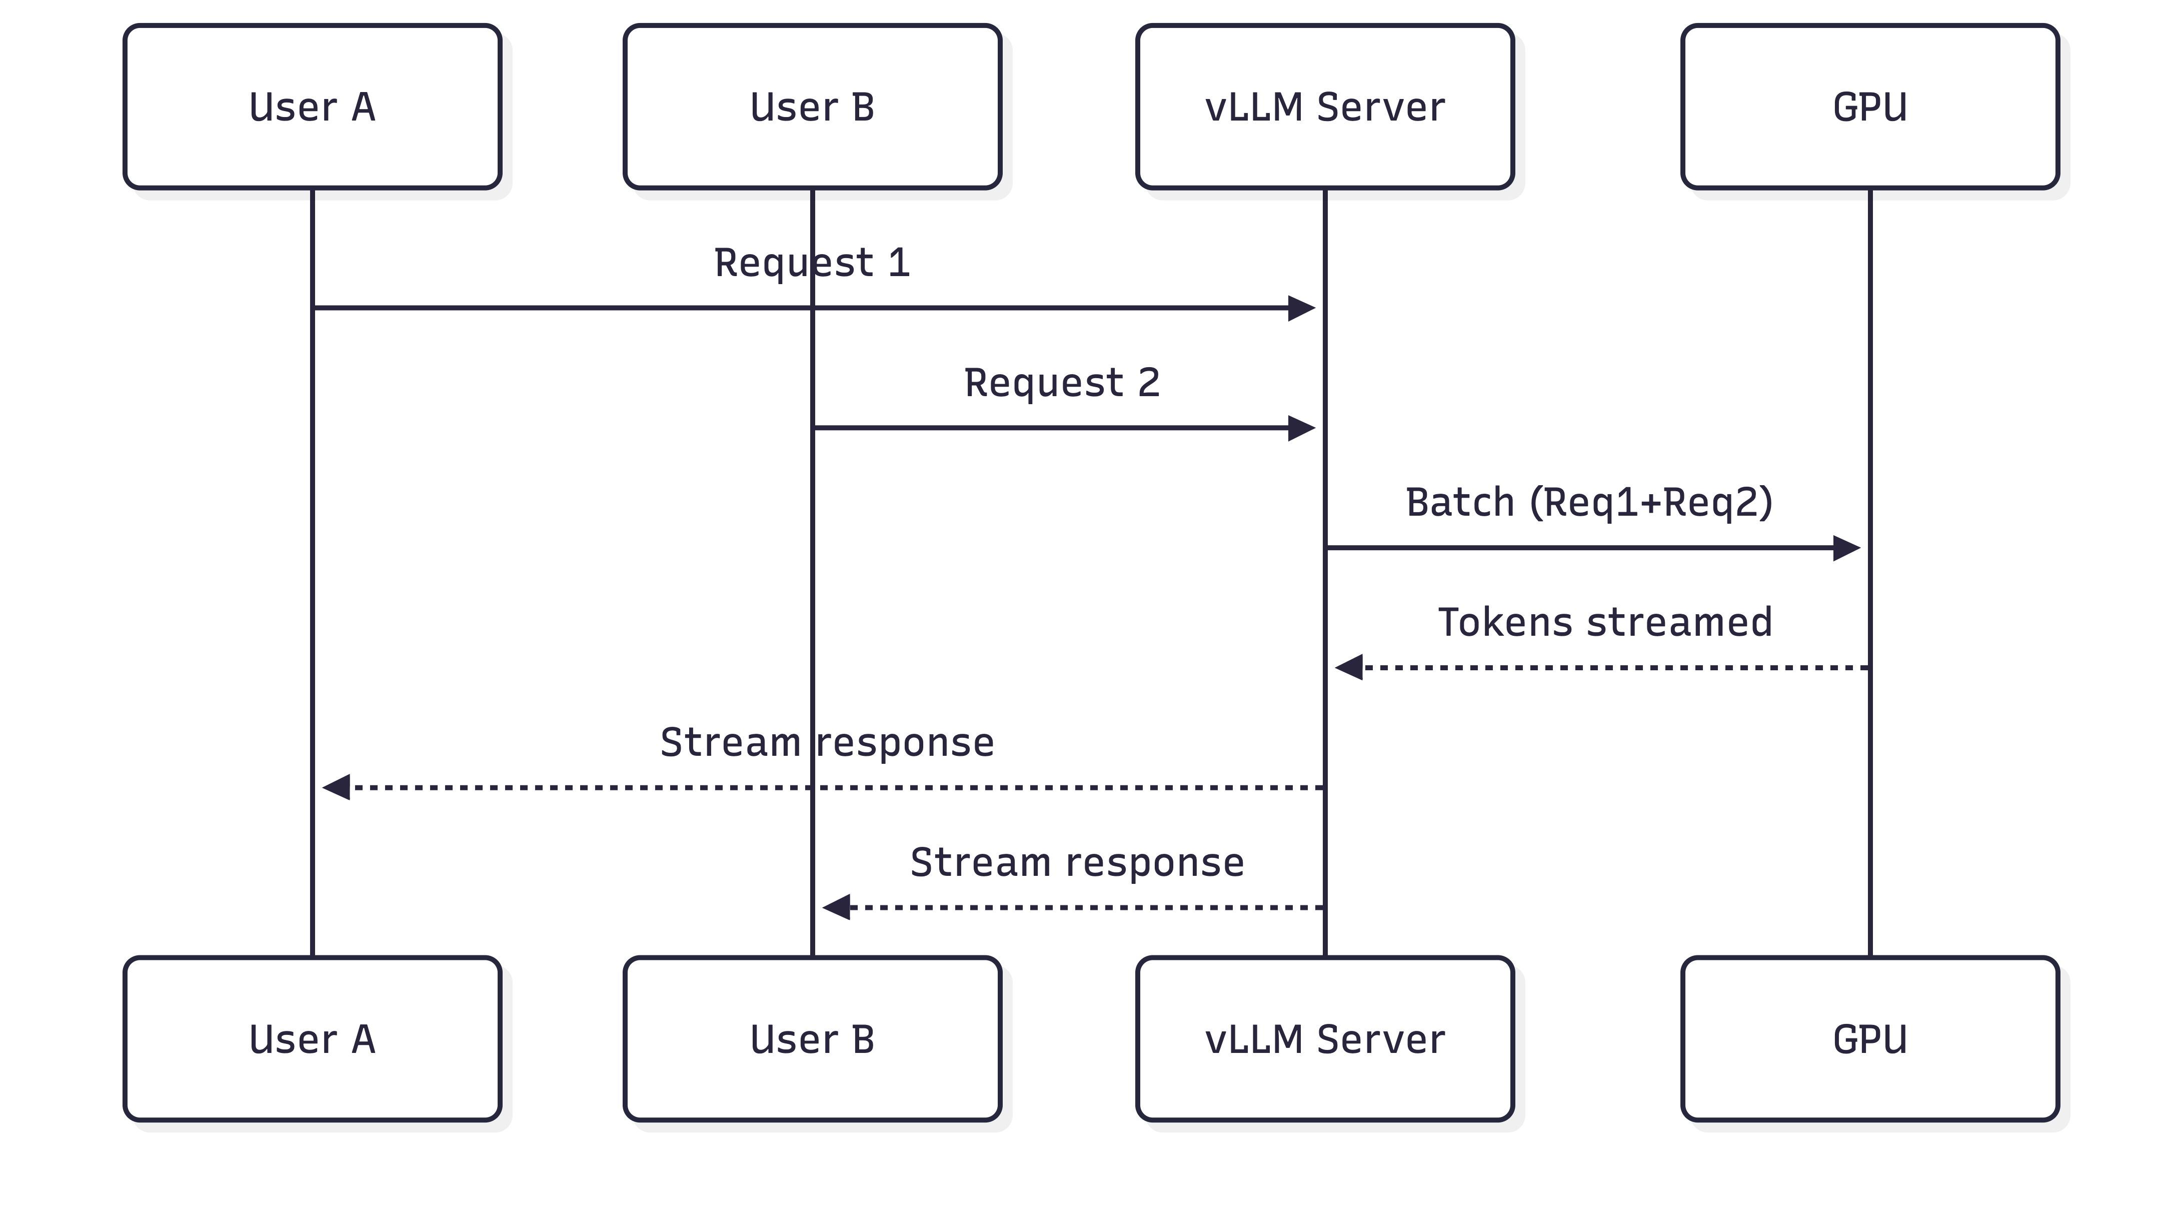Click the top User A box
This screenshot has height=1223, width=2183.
click(313, 107)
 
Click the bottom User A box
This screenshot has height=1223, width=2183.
click(313, 1039)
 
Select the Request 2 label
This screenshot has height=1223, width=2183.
click(1062, 383)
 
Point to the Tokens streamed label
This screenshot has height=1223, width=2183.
click(1605, 622)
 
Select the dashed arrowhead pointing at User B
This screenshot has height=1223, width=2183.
click(836, 908)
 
